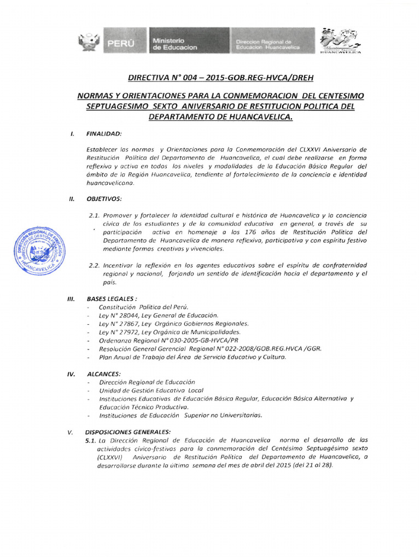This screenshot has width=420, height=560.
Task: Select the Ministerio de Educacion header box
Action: [174, 44]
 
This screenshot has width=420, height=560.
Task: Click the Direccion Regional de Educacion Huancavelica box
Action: [268, 44]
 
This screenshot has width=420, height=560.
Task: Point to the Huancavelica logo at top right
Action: [340, 40]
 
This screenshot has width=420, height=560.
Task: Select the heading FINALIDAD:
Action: [104, 133]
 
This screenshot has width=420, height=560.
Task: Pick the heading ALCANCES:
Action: [104, 374]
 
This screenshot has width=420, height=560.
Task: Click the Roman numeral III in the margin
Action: [70, 299]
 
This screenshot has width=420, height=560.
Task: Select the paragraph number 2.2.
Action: [94, 265]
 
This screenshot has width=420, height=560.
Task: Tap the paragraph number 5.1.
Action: [91, 440]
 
